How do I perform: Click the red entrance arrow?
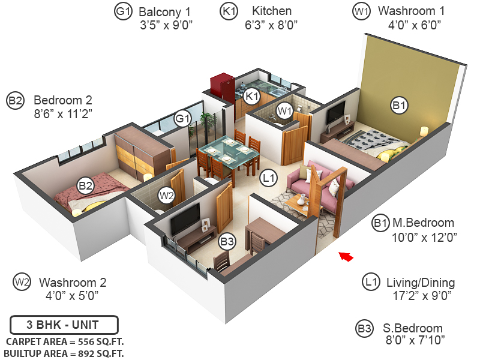tap(346, 257)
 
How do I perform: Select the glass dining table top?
tap(229, 150)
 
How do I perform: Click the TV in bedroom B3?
tap(187, 217)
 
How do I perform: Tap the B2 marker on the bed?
tap(85, 186)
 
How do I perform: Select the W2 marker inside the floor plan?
tap(166, 195)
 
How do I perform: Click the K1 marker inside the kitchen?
tap(252, 95)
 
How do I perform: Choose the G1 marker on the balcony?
tap(182, 119)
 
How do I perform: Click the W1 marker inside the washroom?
tap(284, 110)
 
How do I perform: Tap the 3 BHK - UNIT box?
tap(64, 326)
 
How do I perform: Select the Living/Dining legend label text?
tap(419, 283)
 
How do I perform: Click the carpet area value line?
tap(64, 341)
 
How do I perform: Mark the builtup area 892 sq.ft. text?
tap(64, 353)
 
